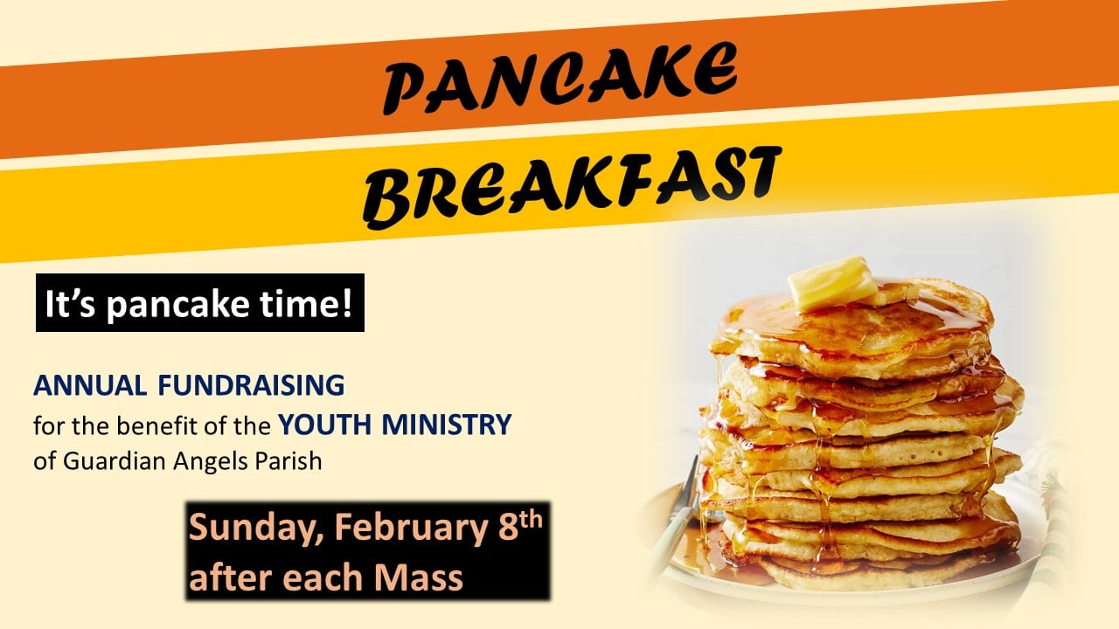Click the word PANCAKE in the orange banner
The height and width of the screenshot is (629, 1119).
point(559,80)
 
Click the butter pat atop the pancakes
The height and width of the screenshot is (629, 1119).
point(833,283)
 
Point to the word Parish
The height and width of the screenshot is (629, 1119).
point(289,460)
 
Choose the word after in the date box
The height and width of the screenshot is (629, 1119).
point(228,577)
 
